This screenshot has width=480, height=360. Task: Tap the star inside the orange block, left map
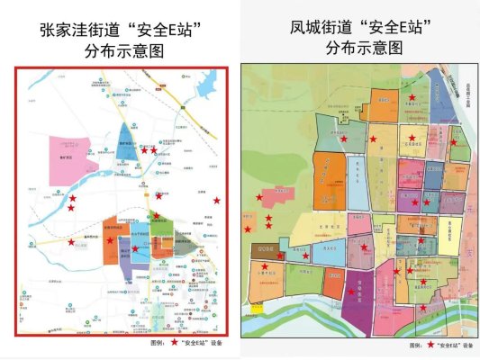pos(110,240)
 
